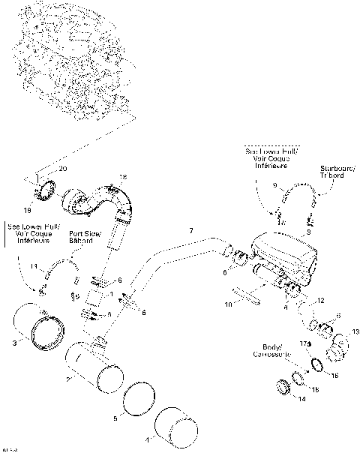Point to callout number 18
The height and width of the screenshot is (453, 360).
click(123, 177)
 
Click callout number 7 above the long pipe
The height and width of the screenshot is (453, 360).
click(191, 229)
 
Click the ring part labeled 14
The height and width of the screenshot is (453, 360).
click(284, 388)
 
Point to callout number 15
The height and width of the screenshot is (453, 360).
click(315, 391)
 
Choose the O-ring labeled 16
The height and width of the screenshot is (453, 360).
click(316, 365)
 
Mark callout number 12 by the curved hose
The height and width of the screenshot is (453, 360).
click(320, 300)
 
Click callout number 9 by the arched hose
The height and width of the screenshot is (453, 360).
click(275, 185)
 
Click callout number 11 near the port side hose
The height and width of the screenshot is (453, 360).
click(33, 265)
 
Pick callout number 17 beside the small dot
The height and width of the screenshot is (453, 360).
click(304, 343)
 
